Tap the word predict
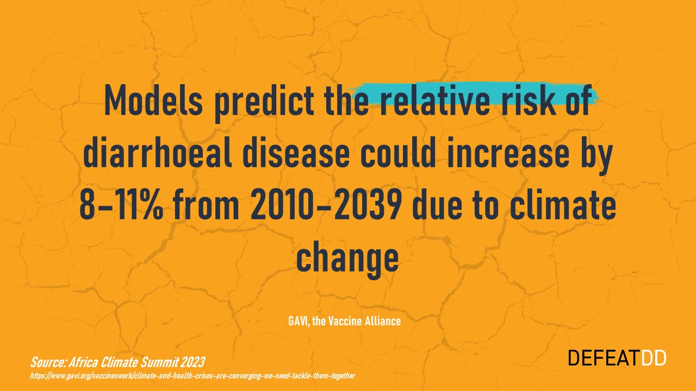click(265, 103)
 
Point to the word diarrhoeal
click(158, 152)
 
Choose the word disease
click(296, 152)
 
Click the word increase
click(508, 152)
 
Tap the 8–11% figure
click(121, 205)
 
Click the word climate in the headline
click(563, 204)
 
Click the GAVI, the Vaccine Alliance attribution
click(344, 321)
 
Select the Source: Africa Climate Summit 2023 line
click(117, 362)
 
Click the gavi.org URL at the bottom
click(192, 376)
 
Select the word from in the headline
click(206, 204)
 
